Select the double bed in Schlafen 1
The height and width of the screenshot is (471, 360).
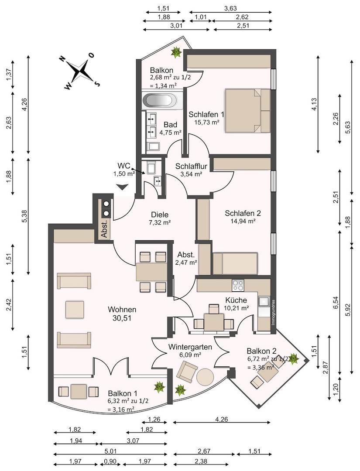(247, 110)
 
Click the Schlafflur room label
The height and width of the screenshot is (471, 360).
(189, 166)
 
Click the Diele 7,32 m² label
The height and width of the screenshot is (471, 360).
(160, 218)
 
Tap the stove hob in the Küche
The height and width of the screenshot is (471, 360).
(238, 285)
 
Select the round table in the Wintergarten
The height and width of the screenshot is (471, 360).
(206, 377)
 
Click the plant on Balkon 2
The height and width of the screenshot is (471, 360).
(293, 358)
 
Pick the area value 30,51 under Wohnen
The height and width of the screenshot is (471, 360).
(122, 318)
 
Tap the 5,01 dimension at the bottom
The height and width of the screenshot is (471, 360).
(110, 451)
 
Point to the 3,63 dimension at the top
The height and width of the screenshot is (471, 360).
(230, 8)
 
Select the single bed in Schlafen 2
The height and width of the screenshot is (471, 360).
(235, 263)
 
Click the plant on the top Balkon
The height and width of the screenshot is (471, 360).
(176, 52)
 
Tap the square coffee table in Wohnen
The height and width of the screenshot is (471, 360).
(75, 310)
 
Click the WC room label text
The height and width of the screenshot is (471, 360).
(124, 166)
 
